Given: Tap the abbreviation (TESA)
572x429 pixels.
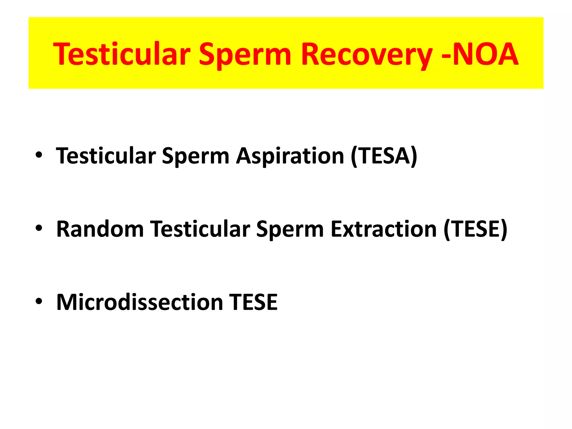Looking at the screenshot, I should pos(384,156).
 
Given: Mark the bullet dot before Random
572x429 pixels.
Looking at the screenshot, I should pos(39,228).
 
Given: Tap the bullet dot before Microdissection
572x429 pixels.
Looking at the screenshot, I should pos(39,301).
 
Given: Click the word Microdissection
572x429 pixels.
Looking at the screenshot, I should pos(140,302).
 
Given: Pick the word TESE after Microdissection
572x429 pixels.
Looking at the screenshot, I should pos(253,302).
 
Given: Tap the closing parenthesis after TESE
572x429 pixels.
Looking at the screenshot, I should pos(504,230).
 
